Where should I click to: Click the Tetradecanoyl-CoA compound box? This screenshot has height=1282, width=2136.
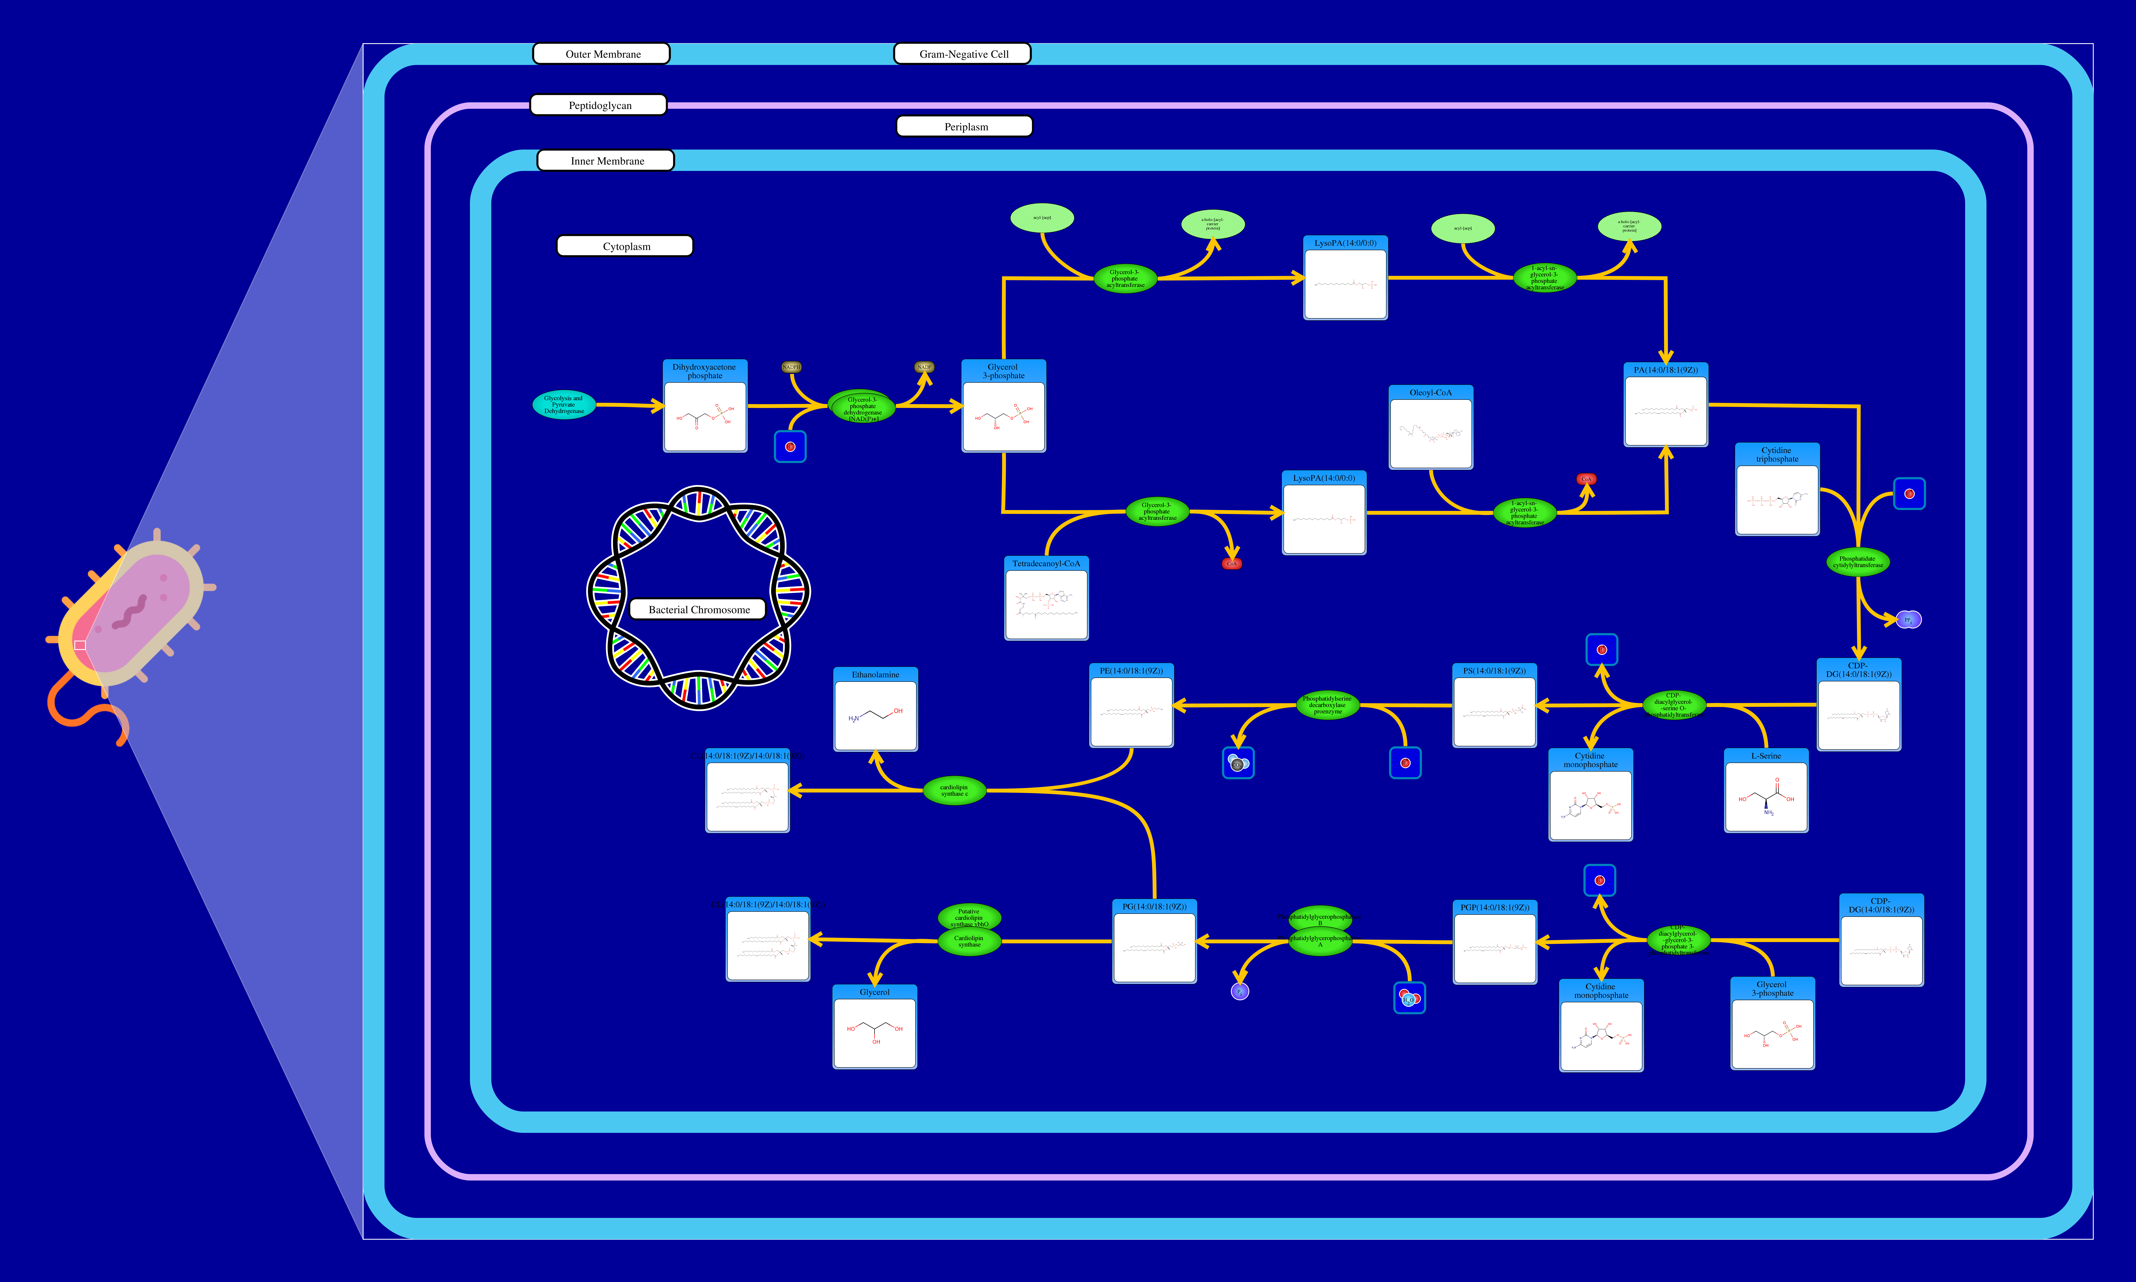[x=1046, y=599]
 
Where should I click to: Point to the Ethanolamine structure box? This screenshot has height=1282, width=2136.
[x=875, y=710]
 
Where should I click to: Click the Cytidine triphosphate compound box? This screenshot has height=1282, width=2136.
[x=1777, y=490]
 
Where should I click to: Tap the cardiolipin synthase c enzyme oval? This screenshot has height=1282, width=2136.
[x=954, y=790]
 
